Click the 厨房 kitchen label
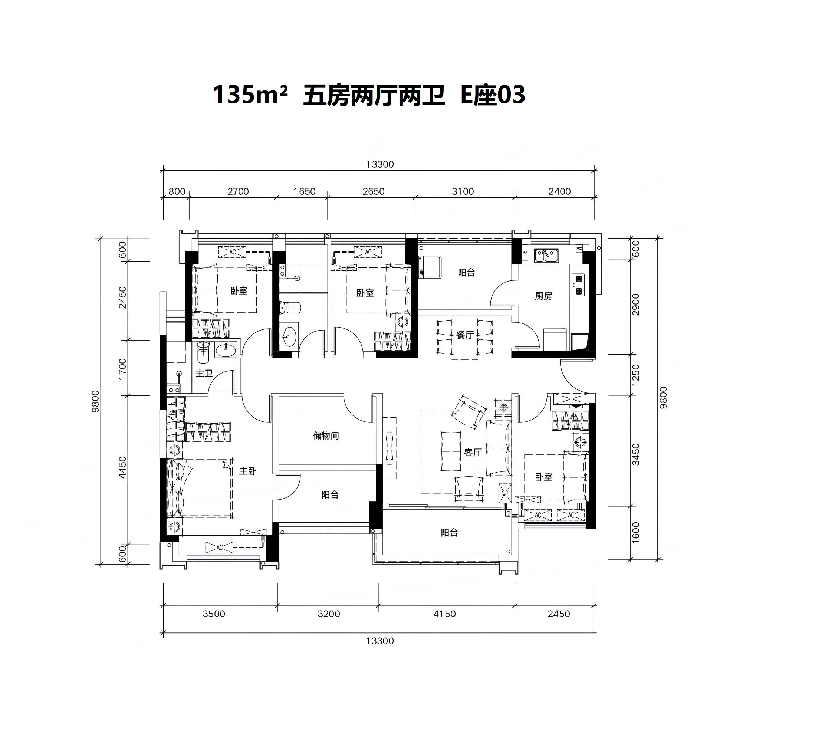(x=543, y=296)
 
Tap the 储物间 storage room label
(x=326, y=436)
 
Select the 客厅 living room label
(x=473, y=453)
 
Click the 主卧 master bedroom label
(x=247, y=471)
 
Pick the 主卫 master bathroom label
(x=204, y=373)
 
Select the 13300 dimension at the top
(x=380, y=164)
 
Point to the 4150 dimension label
(x=444, y=614)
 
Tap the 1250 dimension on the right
(x=635, y=375)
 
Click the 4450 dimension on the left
(x=122, y=467)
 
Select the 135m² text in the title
(x=250, y=95)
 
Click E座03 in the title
(x=493, y=96)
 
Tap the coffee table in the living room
(x=451, y=451)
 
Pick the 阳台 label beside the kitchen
(x=466, y=273)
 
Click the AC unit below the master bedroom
(x=220, y=547)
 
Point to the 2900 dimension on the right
(x=635, y=305)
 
